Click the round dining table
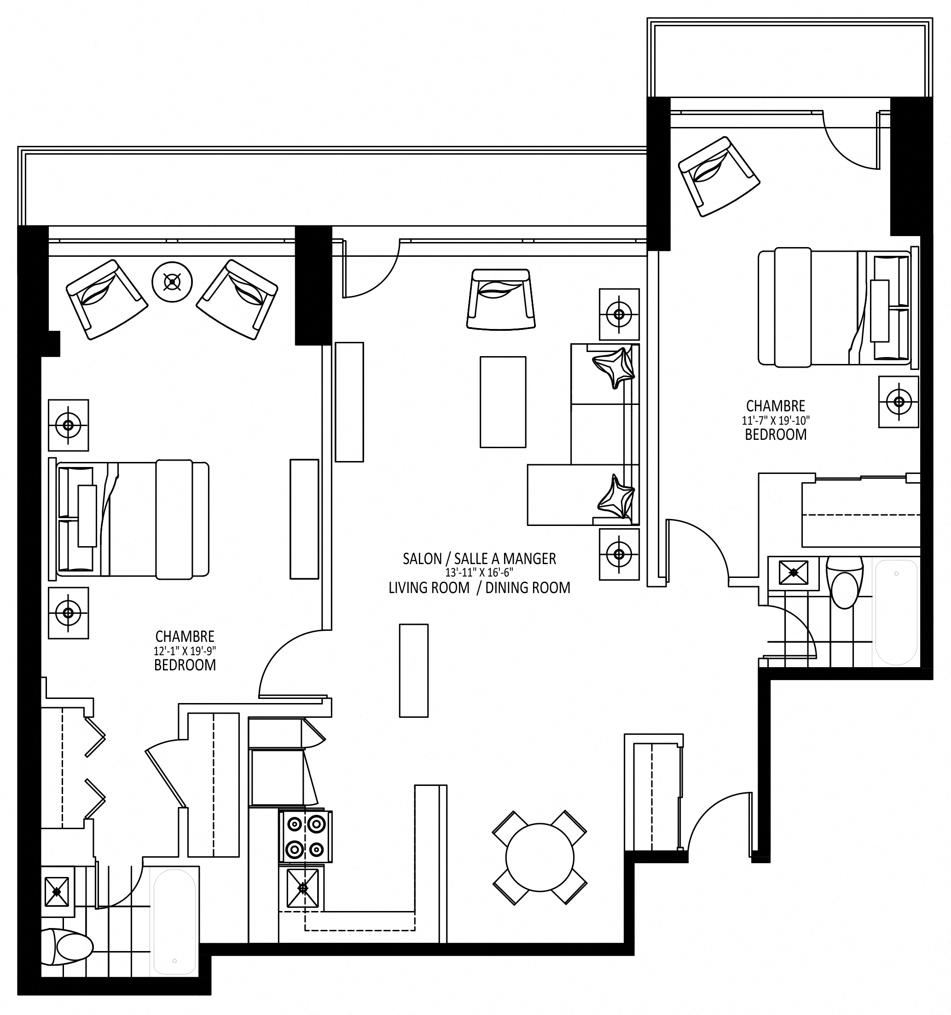[539, 857]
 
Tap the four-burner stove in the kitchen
[306, 836]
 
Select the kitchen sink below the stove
[303, 888]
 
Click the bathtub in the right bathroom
[896, 612]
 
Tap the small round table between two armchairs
[173, 281]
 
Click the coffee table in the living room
[503, 402]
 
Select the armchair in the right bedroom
[719, 176]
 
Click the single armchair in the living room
[501, 299]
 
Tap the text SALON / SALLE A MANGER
[479, 559]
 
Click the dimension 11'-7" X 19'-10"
[776, 421]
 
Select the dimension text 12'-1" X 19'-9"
[185, 651]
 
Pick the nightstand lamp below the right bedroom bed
[899, 402]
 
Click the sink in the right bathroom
[793, 572]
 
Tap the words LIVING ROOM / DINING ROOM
[479, 588]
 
